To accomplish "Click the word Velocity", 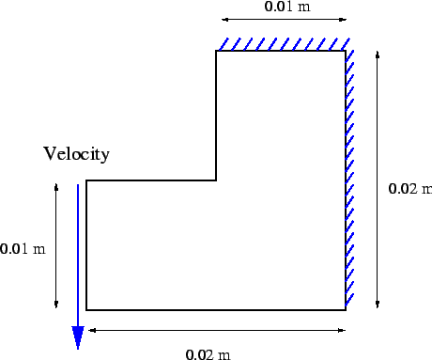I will [x=76, y=154].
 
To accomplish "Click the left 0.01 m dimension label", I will [x=23, y=249].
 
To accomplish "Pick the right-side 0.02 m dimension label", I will [x=409, y=189].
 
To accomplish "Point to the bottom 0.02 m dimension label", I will [x=207, y=354].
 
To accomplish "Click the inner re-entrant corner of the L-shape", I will [x=217, y=180].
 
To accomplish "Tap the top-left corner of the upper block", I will [x=217, y=51].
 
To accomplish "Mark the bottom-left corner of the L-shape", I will [x=87, y=308].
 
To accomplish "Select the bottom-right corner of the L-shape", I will [x=345, y=308].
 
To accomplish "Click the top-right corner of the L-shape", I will [x=345, y=51].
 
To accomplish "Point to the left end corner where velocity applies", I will [x=87, y=180].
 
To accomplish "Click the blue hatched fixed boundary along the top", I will [x=284, y=43].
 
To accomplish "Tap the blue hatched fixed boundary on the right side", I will [x=350, y=179].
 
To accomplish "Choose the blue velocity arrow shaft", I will [x=78, y=254].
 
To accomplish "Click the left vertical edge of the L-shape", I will [x=87, y=244].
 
